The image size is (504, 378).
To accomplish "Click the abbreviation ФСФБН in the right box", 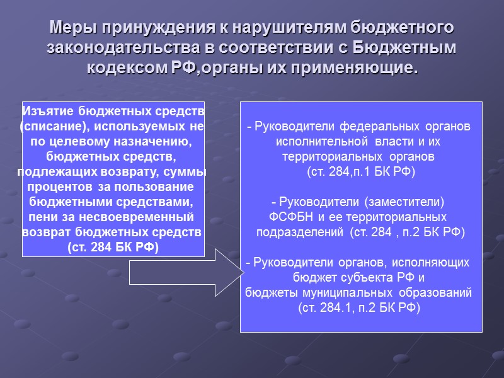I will (289, 217).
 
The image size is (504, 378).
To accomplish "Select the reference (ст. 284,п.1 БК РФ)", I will (361, 171).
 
